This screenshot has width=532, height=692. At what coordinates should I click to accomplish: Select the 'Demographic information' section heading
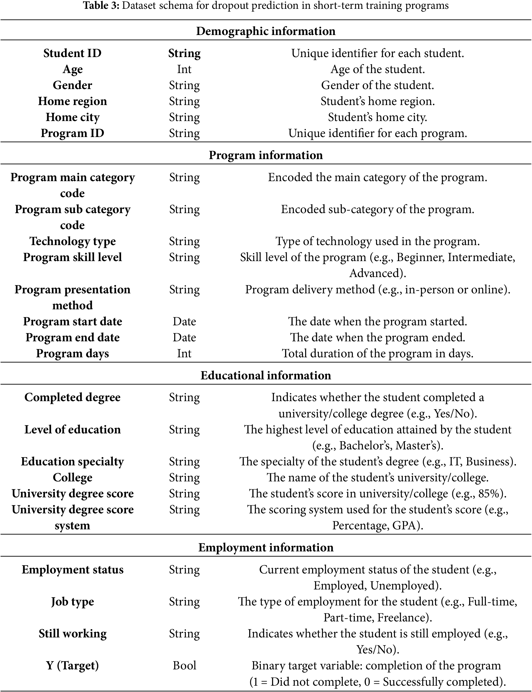point(266,31)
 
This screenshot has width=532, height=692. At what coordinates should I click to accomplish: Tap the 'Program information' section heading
point(266,155)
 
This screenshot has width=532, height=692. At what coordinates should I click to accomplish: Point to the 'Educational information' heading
point(266,375)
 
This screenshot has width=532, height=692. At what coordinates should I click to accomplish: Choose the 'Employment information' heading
point(266,548)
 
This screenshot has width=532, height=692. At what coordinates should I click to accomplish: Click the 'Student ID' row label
point(72,53)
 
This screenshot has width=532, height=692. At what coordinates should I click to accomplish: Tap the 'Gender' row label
point(72,85)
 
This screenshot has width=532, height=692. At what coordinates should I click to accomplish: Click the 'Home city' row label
point(72,117)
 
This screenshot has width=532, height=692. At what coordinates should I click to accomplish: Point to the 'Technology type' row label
point(72,241)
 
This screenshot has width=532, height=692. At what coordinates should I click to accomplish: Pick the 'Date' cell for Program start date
point(184,321)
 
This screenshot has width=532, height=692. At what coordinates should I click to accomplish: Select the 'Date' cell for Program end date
point(184,338)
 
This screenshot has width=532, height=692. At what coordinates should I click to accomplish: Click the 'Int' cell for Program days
point(184,353)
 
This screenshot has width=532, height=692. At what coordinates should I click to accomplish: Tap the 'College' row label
point(72,478)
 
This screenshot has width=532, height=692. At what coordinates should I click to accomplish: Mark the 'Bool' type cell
point(184,666)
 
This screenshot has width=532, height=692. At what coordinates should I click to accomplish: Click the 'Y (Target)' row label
point(72,666)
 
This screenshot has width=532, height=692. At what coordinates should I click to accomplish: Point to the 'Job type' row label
point(72,602)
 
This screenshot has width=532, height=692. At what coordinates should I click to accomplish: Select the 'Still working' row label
point(72,634)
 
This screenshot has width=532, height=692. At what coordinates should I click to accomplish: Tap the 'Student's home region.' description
point(377,101)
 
